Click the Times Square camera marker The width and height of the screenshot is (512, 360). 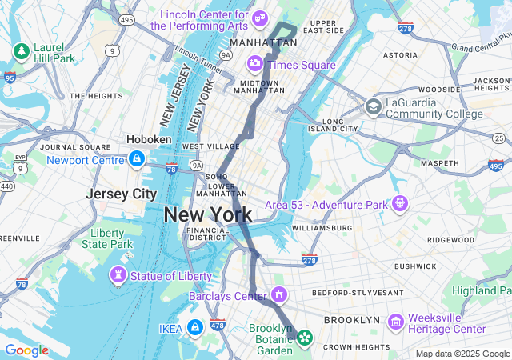click(255, 63)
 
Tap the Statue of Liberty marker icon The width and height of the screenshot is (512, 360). click(118, 276)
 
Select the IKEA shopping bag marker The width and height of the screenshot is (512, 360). click(194, 327)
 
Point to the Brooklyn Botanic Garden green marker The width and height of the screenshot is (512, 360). click(305, 338)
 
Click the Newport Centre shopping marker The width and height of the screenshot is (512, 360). click(137, 159)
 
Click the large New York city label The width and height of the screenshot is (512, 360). click(207, 214)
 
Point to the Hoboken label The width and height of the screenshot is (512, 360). click(150, 139)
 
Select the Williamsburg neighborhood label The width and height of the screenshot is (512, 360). click(322, 228)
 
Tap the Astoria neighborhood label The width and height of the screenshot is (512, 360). click(400, 55)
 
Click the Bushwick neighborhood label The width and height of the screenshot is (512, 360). click(415, 266)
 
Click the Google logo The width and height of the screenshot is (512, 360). click(26, 350)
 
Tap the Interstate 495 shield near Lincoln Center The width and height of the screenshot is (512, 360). click(126, 19)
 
